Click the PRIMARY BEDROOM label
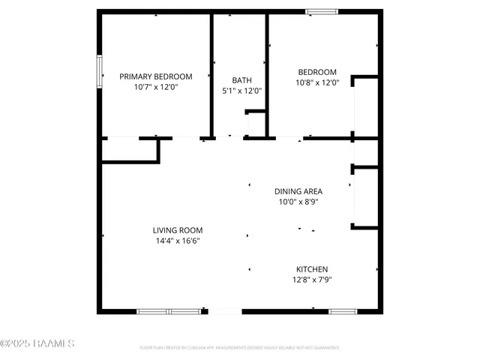[156, 76]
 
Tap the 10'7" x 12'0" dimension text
[156, 87]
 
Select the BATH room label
[241, 80]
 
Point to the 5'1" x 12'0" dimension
[241, 91]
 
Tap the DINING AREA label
[298, 191]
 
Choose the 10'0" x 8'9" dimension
[298, 202]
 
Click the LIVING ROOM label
[178, 230]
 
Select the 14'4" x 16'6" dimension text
[178, 241]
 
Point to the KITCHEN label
[312, 269]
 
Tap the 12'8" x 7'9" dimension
[312, 280]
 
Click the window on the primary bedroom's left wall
[99, 73]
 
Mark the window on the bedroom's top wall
[321, 11]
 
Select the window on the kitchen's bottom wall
[342, 311]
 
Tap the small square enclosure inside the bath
[256, 124]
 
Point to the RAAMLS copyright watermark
[37, 344]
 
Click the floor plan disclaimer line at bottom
[239, 348]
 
